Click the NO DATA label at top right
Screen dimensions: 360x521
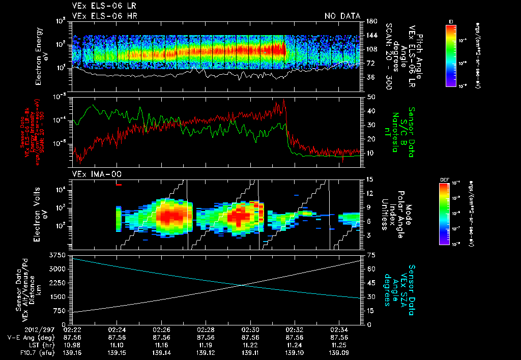(342, 16)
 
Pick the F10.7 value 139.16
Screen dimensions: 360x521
(73, 351)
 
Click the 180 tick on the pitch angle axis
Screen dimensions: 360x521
(370, 21)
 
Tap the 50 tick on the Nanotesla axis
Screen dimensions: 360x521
(370, 97)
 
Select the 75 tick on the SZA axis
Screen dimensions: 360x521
(370, 254)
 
